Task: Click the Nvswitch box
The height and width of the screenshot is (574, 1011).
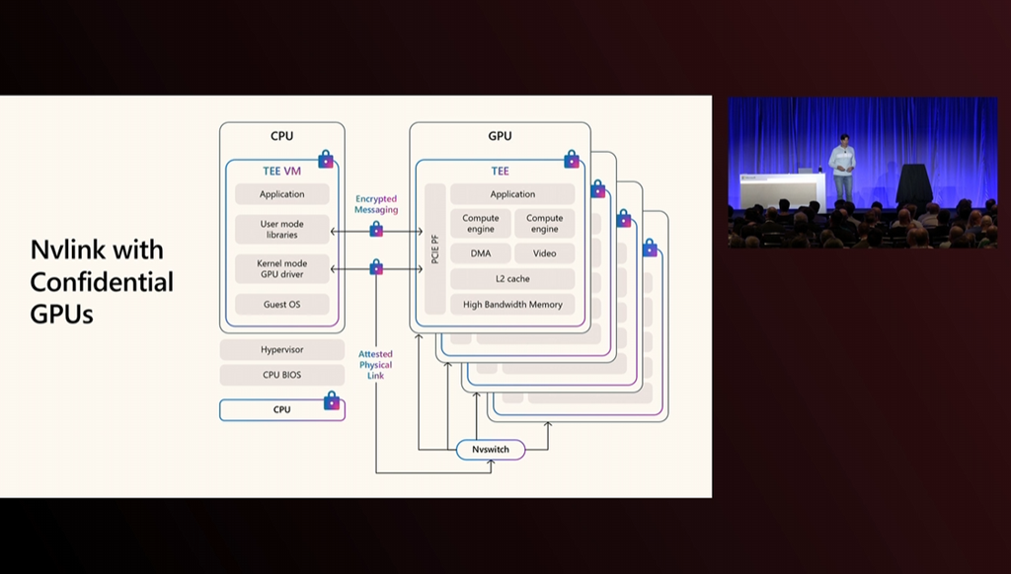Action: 491,450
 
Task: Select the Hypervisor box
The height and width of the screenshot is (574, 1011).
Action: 281,350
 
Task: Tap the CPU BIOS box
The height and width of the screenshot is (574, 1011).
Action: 281,375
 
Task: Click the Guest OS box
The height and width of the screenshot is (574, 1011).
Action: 281,304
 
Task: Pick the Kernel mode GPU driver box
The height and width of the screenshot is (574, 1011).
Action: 281,268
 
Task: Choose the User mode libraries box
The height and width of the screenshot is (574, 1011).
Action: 281,229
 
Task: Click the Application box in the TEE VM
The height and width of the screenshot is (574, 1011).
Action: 281,194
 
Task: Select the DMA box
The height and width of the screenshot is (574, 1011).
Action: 481,253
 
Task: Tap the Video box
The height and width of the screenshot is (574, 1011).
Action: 544,253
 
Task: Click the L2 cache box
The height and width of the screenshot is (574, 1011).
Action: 512,279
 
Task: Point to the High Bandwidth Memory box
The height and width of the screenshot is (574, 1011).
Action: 512,305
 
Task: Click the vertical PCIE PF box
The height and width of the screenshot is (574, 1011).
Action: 434,249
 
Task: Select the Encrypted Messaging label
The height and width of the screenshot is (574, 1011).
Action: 376,204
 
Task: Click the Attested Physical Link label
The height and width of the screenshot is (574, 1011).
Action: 375,365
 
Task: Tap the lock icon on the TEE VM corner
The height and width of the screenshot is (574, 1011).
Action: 326,159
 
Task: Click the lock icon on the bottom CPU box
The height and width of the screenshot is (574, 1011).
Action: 332,400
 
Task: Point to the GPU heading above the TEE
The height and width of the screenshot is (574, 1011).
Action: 500,136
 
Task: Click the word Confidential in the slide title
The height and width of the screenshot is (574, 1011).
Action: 102,282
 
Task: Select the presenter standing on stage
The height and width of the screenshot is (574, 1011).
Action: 842,168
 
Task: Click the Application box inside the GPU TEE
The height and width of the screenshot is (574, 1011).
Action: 512,194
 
